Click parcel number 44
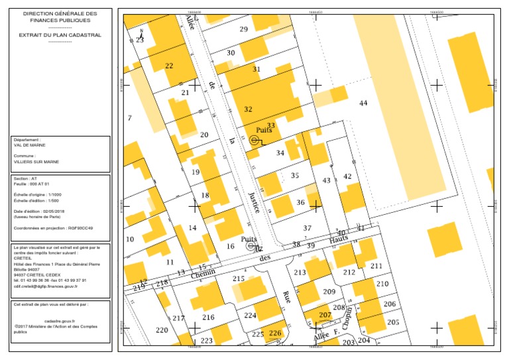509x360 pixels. (363, 103)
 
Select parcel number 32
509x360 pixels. (248, 109)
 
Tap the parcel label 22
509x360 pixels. (169, 66)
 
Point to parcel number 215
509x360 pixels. (239, 279)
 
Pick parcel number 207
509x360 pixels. (325, 314)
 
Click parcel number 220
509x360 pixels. (162, 330)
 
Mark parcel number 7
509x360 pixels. (130, 118)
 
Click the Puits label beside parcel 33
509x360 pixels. (264, 131)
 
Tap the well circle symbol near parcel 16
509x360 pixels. (251, 246)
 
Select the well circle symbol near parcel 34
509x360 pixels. (254, 141)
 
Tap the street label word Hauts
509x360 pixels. (339, 239)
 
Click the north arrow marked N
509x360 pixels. (141, 32)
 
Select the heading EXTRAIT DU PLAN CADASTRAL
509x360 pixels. (60, 35)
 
